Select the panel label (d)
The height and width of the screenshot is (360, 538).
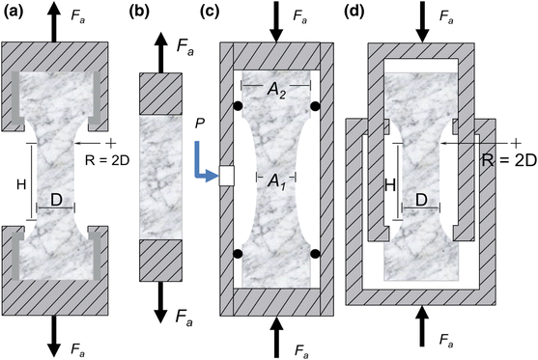tap(356, 12)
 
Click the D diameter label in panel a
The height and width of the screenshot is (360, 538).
tap(58, 201)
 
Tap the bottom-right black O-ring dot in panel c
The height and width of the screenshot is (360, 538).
tap(316, 254)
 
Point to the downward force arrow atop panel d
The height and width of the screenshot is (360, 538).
tap(422, 21)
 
